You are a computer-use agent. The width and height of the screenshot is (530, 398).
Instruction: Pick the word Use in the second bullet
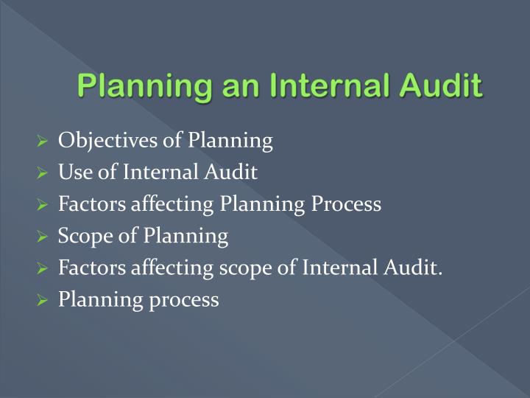tap(73, 172)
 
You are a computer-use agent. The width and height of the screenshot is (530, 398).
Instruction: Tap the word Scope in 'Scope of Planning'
tap(82, 237)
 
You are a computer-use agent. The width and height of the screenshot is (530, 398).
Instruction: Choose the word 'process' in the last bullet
tap(188, 301)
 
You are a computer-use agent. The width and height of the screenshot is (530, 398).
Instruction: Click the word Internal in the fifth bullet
tap(335, 268)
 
